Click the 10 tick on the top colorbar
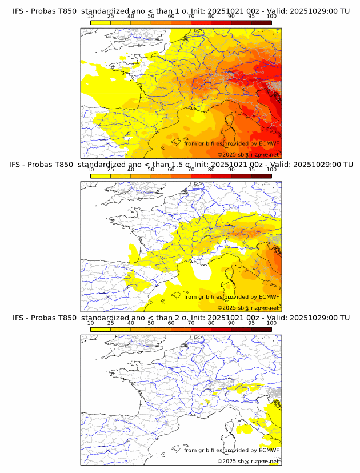(x=91, y=16)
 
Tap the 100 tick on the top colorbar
(x=271, y=16)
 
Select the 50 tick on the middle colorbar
(x=151, y=169)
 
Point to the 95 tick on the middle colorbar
(x=251, y=169)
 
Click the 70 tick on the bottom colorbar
(x=191, y=323)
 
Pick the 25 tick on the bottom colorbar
(x=111, y=323)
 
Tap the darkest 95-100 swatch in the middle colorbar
(x=261, y=175)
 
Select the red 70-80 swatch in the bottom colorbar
(x=201, y=329)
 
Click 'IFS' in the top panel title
(x=19, y=11)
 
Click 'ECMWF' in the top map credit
(x=269, y=143)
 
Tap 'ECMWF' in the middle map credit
(x=269, y=296)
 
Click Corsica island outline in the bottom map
(x=231, y=429)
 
